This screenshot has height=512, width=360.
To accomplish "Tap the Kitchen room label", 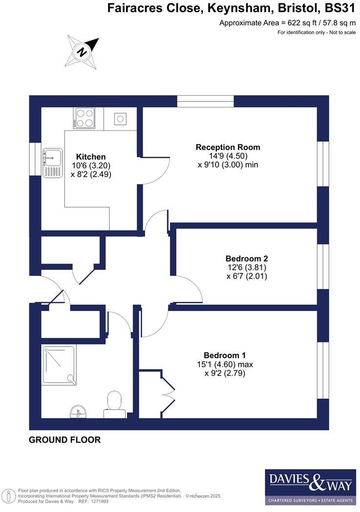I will [x=91, y=157].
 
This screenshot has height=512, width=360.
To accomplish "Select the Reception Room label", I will [x=228, y=147].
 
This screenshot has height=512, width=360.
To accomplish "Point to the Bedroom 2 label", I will [x=247, y=258].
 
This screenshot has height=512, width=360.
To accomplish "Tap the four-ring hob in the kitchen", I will [x=84, y=118].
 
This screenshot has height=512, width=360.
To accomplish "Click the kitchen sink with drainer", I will [x=52, y=163].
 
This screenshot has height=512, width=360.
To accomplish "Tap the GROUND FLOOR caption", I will [x=64, y=440].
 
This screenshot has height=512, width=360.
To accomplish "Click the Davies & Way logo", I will [x=310, y=487].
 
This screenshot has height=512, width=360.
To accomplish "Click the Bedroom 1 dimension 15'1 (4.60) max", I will [x=225, y=364].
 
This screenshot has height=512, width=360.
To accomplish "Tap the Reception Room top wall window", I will [x=205, y=101].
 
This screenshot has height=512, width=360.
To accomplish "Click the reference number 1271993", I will [x=100, y=501].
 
